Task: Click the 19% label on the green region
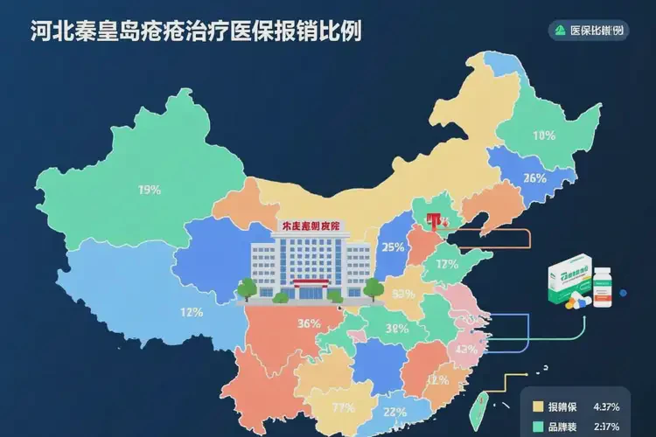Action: pyautogui.click(x=149, y=190)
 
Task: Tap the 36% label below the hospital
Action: pyautogui.click(x=308, y=323)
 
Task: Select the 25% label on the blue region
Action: pyautogui.click(x=393, y=247)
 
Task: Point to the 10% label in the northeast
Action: pyautogui.click(x=544, y=135)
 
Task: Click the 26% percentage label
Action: pyautogui.click(x=534, y=179)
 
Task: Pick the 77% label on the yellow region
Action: pyautogui.click(x=343, y=407)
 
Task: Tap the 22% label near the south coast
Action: pyautogui.click(x=395, y=413)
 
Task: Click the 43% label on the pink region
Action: pyautogui.click(x=466, y=350)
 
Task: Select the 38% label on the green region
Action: pyautogui.click(x=396, y=329)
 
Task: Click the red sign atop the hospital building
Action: pyautogui.click(x=313, y=226)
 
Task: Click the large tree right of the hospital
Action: pyautogui.click(x=374, y=288)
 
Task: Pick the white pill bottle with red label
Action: pyautogui.click(x=603, y=288)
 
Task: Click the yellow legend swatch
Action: pyautogui.click(x=540, y=406)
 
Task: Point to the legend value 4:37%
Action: pyautogui.click(x=607, y=406)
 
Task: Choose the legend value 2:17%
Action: pyautogui.click(x=607, y=427)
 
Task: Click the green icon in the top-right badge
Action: pyautogui.click(x=561, y=31)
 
